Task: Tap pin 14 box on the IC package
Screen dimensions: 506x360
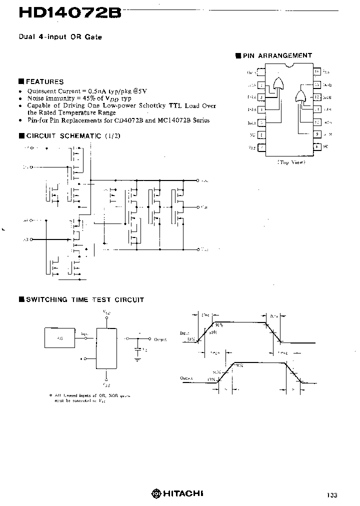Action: [x=316, y=72]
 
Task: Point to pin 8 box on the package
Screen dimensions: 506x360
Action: [x=316, y=147]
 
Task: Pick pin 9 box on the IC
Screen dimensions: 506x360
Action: [x=316, y=134]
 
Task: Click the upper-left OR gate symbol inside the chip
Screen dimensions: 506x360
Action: [x=278, y=83]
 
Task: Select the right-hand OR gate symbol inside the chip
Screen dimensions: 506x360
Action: [x=300, y=96]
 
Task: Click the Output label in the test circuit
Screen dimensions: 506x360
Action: [x=160, y=339]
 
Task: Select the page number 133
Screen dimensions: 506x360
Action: [x=332, y=495]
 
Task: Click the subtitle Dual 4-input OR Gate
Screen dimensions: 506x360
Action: [x=60, y=37]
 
